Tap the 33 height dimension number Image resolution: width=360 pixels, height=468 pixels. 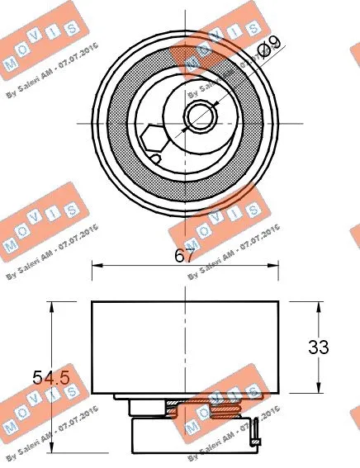click(319, 347)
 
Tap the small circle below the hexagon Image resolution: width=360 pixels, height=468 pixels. click(156, 157)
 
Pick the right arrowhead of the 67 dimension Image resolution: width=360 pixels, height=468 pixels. click(275, 266)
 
